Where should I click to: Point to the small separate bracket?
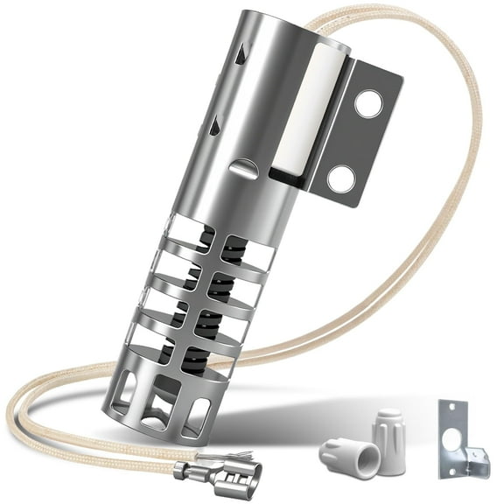pyautogui.click(x=457, y=437)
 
